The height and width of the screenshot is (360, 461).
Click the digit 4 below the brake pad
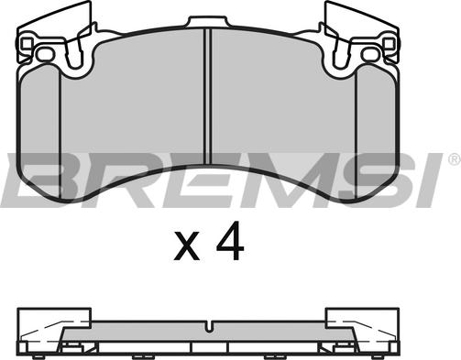(230, 241)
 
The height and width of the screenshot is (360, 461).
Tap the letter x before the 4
(187, 245)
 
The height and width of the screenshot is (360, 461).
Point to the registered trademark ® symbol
(455, 159)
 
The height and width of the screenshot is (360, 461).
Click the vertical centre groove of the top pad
(207, 97)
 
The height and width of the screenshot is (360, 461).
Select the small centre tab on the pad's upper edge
(207, 22)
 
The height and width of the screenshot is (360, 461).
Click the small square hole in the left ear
(27, 44)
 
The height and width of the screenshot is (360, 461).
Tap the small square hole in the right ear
(389, 44)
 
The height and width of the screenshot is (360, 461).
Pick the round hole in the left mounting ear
(45, 55)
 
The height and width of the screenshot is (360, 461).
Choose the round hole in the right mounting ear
(370, 55)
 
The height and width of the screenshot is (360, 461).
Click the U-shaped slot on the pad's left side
(74, 52)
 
